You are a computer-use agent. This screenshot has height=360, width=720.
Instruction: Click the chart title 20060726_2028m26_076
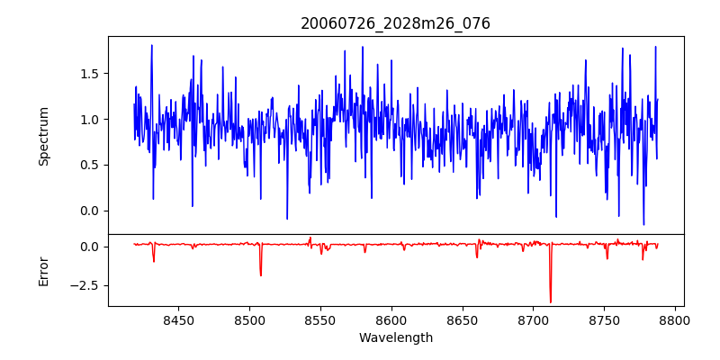click(395, 23)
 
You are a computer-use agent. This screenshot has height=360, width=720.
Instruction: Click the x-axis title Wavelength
click(395, 337)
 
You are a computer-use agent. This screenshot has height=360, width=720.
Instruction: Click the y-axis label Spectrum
click(43, 136)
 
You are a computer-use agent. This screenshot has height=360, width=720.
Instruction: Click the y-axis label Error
click(43, 270)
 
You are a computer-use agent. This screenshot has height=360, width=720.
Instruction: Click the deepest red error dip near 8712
click(550, 301)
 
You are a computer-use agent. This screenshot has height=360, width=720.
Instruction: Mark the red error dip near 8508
click(261, 274)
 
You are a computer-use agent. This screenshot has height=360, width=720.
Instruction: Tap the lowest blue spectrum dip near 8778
click(643, 224)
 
